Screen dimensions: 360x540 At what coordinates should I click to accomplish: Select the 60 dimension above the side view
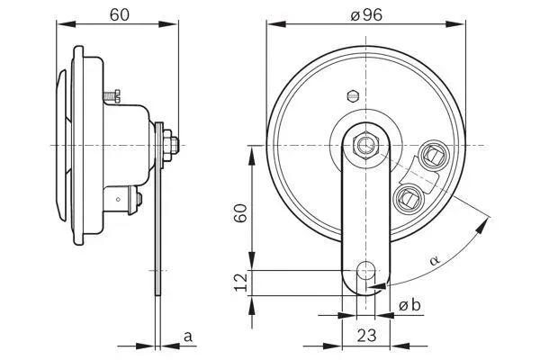pyautogui.click(x=117, y=14)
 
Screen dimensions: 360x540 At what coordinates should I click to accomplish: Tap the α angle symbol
pyautogui.click(x=435, y=261)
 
